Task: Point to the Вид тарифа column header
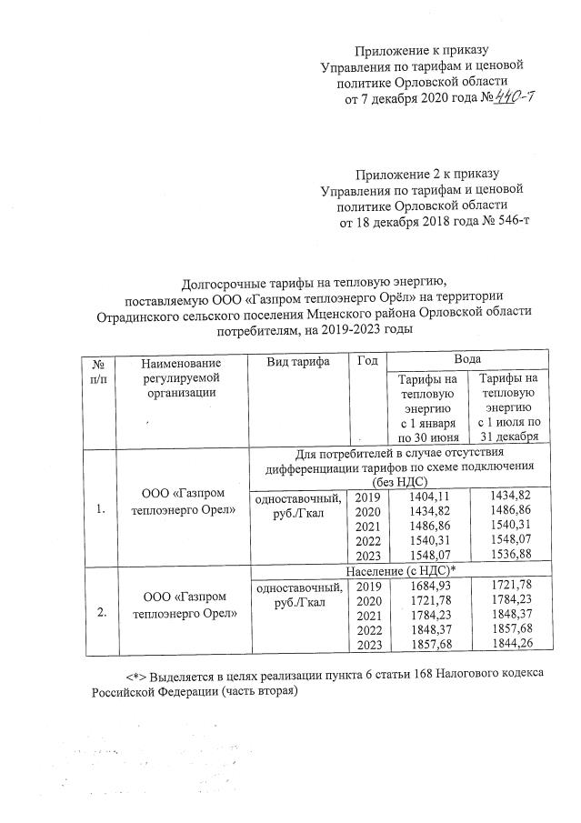coord(298,362)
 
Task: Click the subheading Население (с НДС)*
coord(401,570)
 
